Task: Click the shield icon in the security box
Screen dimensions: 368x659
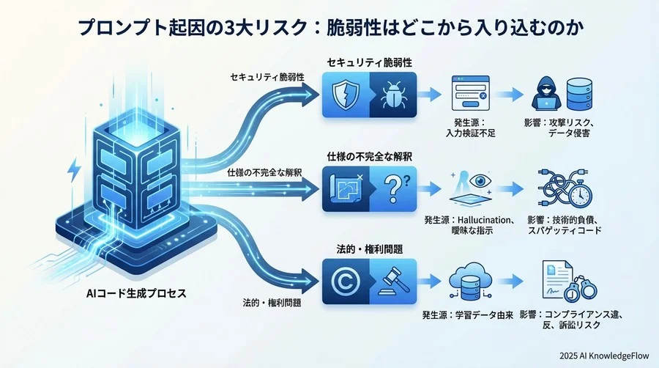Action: coord(346,95)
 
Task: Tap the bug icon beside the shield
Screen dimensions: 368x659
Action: coord(393,95)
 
